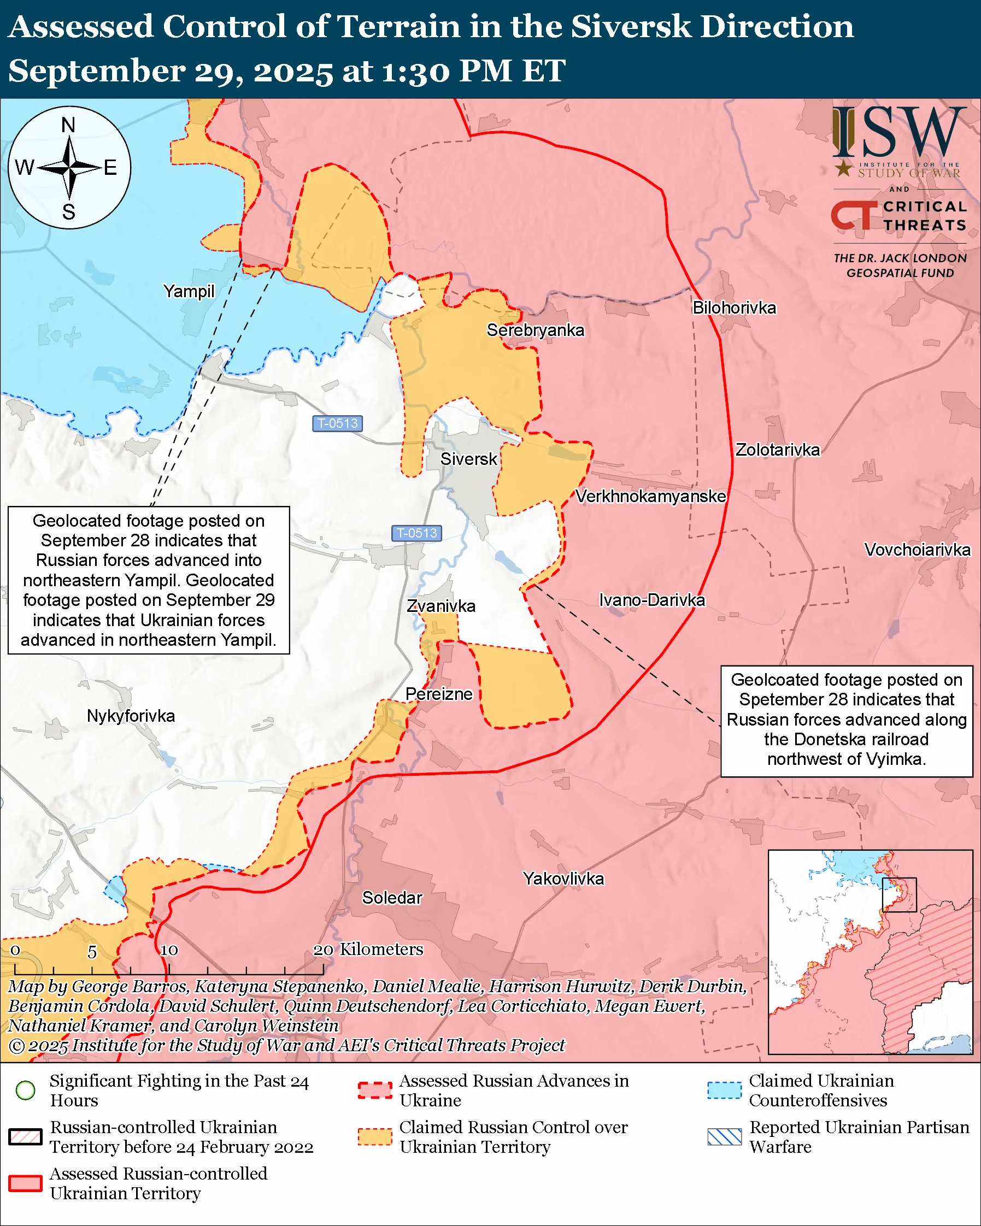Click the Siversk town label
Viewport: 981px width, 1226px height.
(468, 459)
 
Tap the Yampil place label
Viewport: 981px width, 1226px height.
(189, 291)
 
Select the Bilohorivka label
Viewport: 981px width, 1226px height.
(733, 308)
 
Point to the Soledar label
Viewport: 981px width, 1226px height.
(392, 897)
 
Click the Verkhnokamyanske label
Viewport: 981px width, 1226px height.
(650, 497)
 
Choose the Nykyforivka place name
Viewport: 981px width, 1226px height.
(131, 715)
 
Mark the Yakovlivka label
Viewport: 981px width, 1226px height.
(563, 879)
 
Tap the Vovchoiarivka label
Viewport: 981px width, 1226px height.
(917, 550)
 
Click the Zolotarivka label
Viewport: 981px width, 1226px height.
(777, 450)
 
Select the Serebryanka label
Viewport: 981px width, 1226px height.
(535, 330)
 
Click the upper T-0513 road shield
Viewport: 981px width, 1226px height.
(337, 423)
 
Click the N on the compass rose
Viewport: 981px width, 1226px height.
(68, 125)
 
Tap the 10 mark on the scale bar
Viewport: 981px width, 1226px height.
(169, 950)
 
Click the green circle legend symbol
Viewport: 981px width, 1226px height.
(26, 1090)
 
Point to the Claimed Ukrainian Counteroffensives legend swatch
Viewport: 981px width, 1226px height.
(724, 1090)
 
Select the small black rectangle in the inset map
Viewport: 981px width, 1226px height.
(898, 894)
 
